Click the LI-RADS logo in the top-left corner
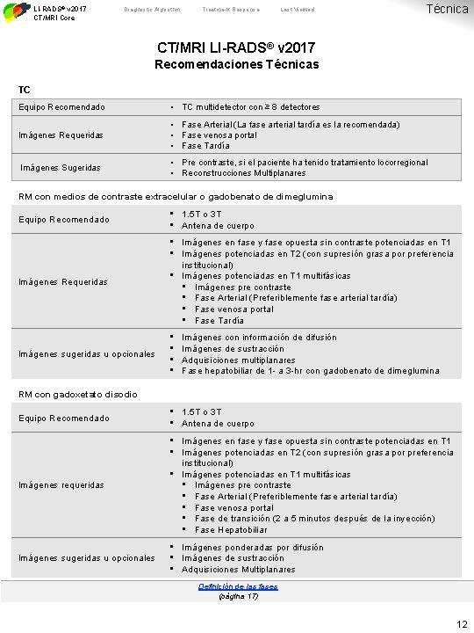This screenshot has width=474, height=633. (14, 11)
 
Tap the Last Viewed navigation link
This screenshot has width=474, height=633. (298, 10)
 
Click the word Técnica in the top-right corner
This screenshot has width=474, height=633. (446, 8)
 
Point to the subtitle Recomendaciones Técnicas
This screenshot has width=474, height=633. (237, 64)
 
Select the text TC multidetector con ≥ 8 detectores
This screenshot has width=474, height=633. (250, 107)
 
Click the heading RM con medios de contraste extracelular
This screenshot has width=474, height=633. (176, 196)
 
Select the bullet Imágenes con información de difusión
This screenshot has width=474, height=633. (259, 337)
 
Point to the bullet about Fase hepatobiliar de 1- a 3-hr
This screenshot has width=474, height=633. (310, 371)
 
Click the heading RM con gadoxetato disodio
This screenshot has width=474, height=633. (78, 394)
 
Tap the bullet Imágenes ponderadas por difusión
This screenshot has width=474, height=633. (252, 547)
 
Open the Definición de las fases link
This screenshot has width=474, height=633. (237, 586)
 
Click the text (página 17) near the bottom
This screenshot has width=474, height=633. (237, 596)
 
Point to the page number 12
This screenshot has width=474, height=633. (462, 623)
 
